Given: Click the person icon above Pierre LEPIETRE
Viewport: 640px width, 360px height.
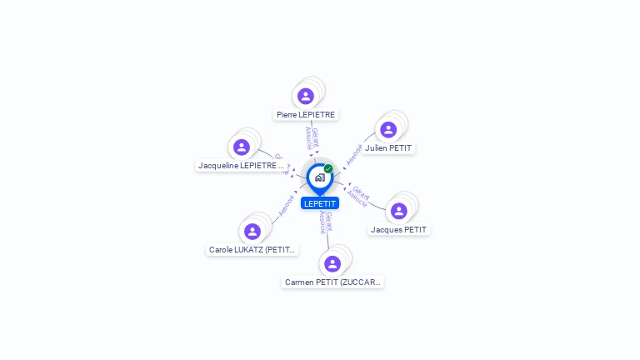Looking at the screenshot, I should (x=306, y=96).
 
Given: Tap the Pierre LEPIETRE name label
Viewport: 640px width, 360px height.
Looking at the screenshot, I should (x=305, y=114).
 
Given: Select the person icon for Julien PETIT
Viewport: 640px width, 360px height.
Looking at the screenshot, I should (x=388, y=130).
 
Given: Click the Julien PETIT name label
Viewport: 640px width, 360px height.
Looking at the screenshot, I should (x=388, y=148).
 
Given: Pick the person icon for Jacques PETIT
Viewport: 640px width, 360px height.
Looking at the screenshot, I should (x=399, y=211).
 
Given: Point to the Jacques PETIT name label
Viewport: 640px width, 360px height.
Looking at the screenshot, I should (x=398, y=229).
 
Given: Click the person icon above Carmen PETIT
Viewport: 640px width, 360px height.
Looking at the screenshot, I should (x=332, y=264).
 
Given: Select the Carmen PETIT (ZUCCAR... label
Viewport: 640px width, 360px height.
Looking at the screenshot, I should (x=332, y=282).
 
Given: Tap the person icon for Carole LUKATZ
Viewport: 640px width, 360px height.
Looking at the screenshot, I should (x=252, y=232).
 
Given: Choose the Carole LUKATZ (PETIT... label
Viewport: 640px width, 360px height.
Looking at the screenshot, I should (x=252, y=249).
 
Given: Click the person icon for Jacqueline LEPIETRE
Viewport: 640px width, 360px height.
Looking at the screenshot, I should (x=242, y=147).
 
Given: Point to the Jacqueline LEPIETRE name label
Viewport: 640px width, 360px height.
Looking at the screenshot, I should (x=241, y=165).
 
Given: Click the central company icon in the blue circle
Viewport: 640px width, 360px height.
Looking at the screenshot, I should (x=319, y=177).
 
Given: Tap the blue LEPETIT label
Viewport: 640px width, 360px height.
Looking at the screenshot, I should (x=320, y=203).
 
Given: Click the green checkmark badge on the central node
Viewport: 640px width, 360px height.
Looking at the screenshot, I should (x=328, y=168).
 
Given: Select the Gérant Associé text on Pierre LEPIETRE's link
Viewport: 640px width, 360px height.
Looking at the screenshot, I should (x=312, y=137).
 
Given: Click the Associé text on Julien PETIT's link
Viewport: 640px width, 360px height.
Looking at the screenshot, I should (x=353, y=154).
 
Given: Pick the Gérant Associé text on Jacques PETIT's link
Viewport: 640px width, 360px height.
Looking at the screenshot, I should (x=359, y=196).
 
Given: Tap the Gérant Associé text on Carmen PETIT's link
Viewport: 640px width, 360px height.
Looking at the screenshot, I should (x=326, y=222).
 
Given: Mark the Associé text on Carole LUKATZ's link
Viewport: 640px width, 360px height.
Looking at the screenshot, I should (x=286, y=205).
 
